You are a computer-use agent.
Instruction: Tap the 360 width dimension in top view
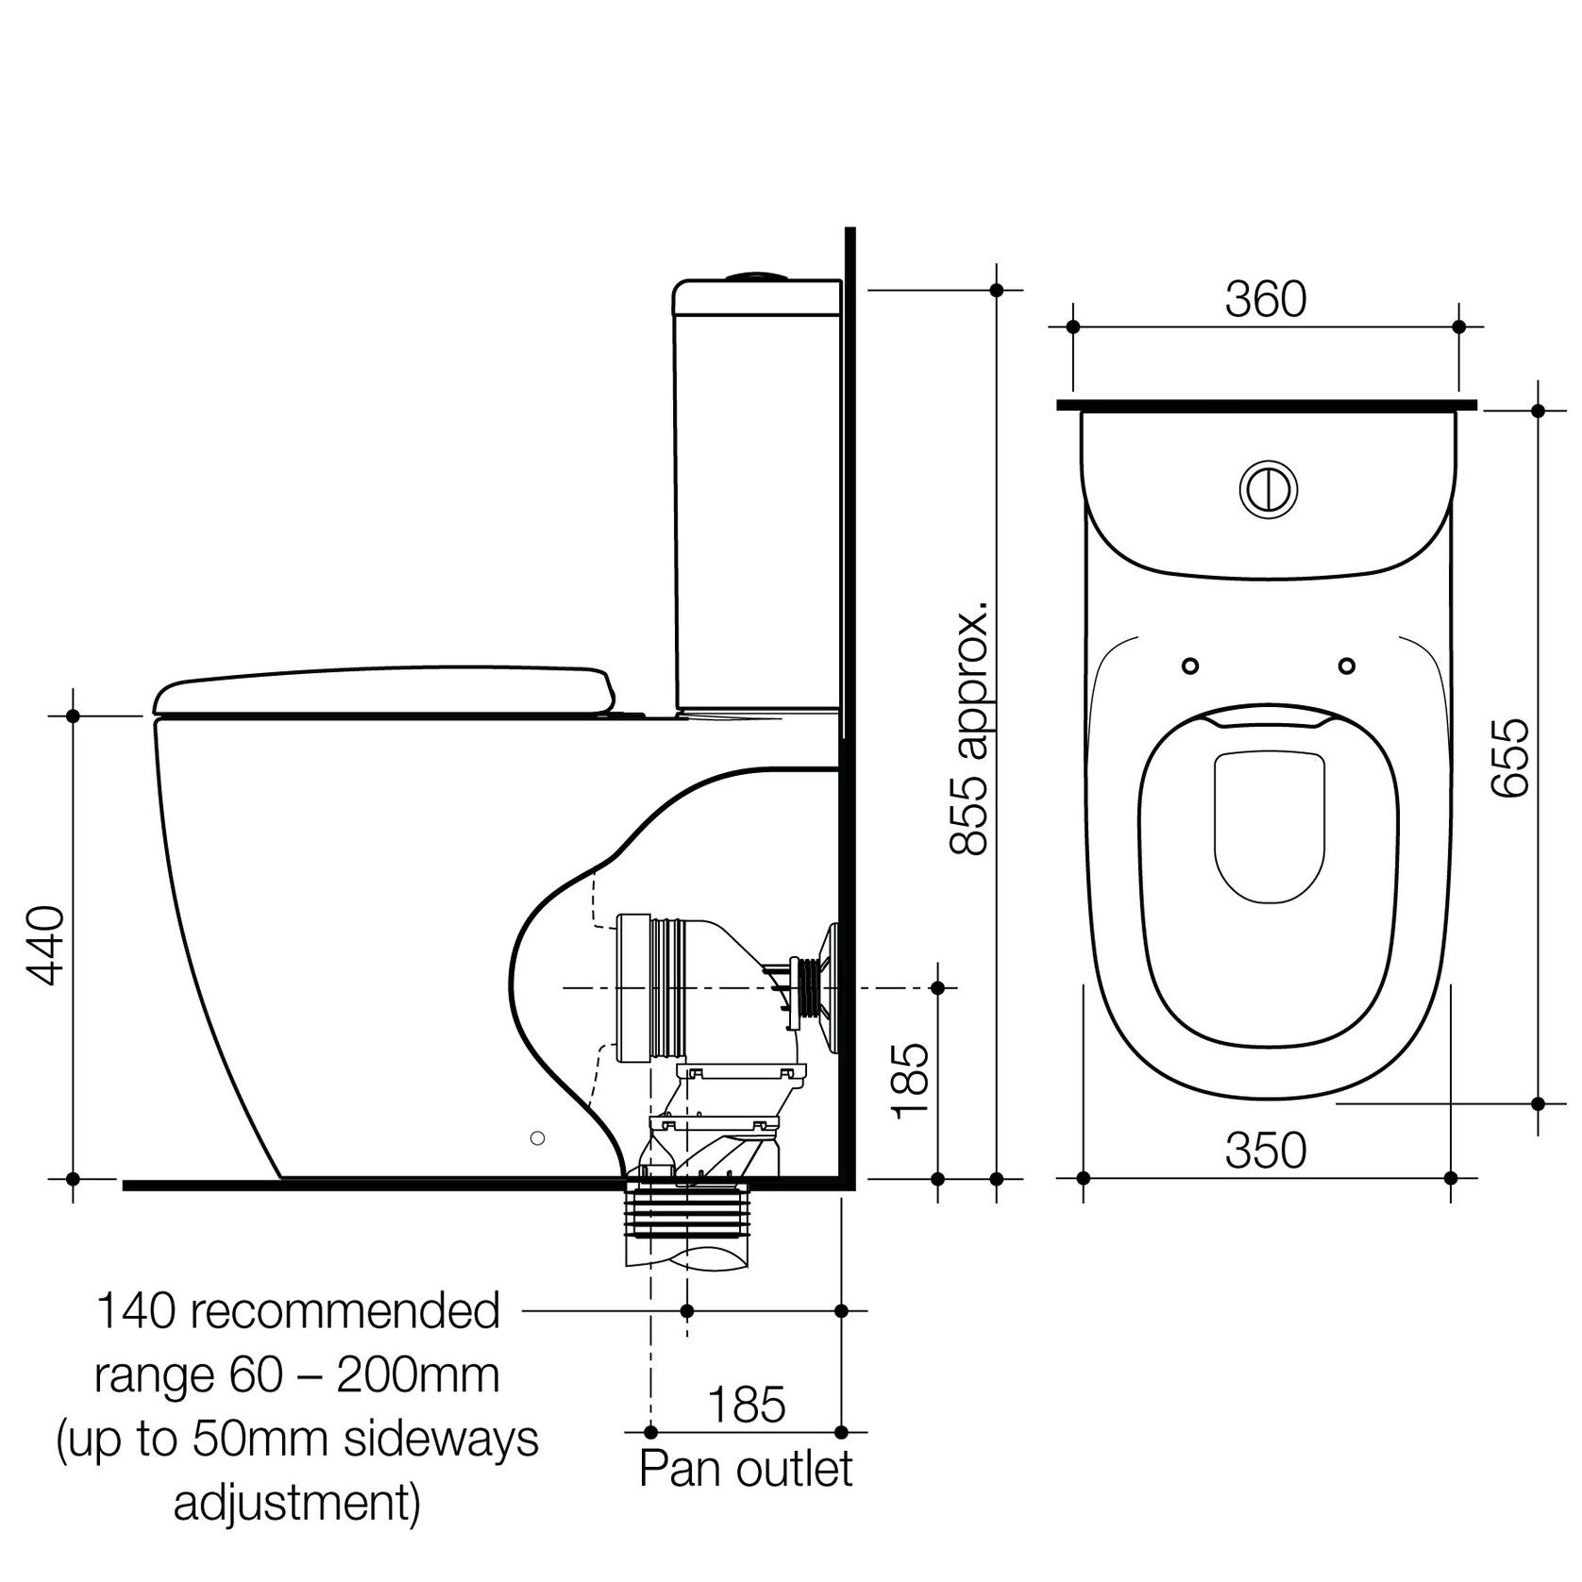pyautogui.click(x=1265, y=300)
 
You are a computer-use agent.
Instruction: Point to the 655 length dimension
pyautogui.click(x=1509, y=758)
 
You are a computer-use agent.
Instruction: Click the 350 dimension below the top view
pyautogui.click(x=1265, y=1150)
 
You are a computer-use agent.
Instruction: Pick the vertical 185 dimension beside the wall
pyautogui.click(x=911, y=1081)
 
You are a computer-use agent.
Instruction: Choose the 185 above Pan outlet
pyautogui.click(x=746, y=1404)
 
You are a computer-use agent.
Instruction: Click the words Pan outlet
pyautogui.click(x=746, y=1468)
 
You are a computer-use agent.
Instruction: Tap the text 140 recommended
pyautogui.click(x=298, y=1311)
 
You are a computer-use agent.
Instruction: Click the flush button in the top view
pyautogui.click(x=1268, y=488)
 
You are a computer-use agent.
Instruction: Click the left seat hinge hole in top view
pyautogui.click(x=1190, y=665)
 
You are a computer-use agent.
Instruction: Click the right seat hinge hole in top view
pyautogui.click(x=1346, y=665)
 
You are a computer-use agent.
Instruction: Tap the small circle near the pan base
pyautogui.click(x=537, y=1138)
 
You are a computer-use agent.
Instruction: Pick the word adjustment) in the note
pyautogui.click(x=296, y=1503)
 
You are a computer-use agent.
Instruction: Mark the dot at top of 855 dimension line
pyautogui.click(x=997, y=291)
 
